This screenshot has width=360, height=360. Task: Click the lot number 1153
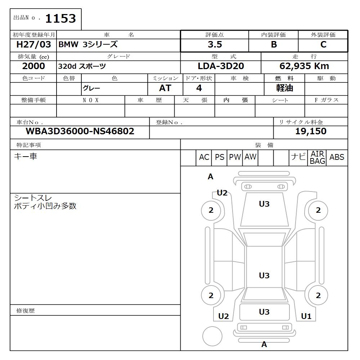tap(60, 18)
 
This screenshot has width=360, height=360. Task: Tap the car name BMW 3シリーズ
tap(88, 45)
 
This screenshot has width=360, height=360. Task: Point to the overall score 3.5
tap(215, 45)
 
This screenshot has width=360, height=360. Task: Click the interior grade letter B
tap(274, 45)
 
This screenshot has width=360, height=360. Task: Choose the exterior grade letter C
tap(323, 45)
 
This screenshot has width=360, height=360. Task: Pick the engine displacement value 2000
tap(33, 66)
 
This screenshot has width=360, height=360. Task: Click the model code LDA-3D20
tap(221, 66)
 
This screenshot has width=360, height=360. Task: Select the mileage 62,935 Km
tap(304, 66)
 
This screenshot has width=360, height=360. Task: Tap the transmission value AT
tap(165, 88)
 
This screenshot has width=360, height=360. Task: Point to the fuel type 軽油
tap(284, 88)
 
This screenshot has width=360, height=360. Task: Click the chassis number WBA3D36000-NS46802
tap(80, 131)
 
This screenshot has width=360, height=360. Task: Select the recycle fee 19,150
tap(311, 131)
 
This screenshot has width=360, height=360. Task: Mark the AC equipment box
tap(204, 157)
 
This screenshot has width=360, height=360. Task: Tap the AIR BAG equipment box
tap(318, 157)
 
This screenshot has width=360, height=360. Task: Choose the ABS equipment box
tap(337, 157)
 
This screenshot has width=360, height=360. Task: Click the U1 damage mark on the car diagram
tap(306, 316)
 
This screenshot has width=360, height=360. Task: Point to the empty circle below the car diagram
tap(212, 336)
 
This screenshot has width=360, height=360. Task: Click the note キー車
tap(26, 156)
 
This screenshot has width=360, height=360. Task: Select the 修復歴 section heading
tap(26, 311)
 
